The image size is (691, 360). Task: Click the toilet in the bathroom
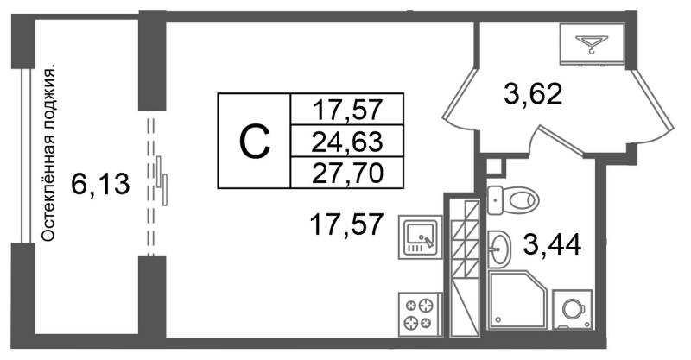pyautogui.click(x=513, y=200)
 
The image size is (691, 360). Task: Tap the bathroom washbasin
pyautogui.click(x=498, y=249)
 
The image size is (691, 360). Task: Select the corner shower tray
pyautogui.click(x=517, y=300)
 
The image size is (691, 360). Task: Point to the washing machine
pyautogui.click(x=572, y=309)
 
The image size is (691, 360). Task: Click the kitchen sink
pyautogui.click(x=421, y=237)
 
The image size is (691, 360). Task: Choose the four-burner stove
pyautogui.click(x=420, y=314)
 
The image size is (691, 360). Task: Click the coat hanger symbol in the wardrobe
pyautogui.click(x=592, y=43)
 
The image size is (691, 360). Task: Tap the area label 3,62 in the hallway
pyautogui.click(x=533, y=94)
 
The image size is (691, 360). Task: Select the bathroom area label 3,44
pyautogui.click(x=552, y=245)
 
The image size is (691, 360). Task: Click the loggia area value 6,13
pyautogui.click(x=100, y=184)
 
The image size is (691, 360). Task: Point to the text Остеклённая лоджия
pyautogui.click(x=50, y=154)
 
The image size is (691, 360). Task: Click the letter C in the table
pyautogui.click(x=254, y=141)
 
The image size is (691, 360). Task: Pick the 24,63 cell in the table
pyautogui.click(x=346, y=141)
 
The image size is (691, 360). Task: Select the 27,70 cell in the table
pyautogui.click(x=346, y=173)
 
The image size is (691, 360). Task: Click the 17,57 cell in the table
pyautogui.click(x=346, y=110)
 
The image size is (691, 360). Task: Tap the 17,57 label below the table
pyautogui.click(x=345, y=224)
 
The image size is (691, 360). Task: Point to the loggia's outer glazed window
pyautogui.click(x=26, y=155)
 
